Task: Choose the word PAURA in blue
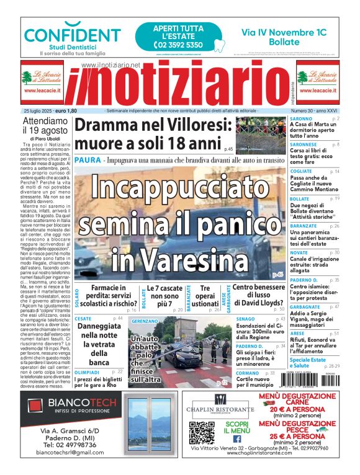pos(86,160)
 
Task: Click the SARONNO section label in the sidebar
pos(301,118)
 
